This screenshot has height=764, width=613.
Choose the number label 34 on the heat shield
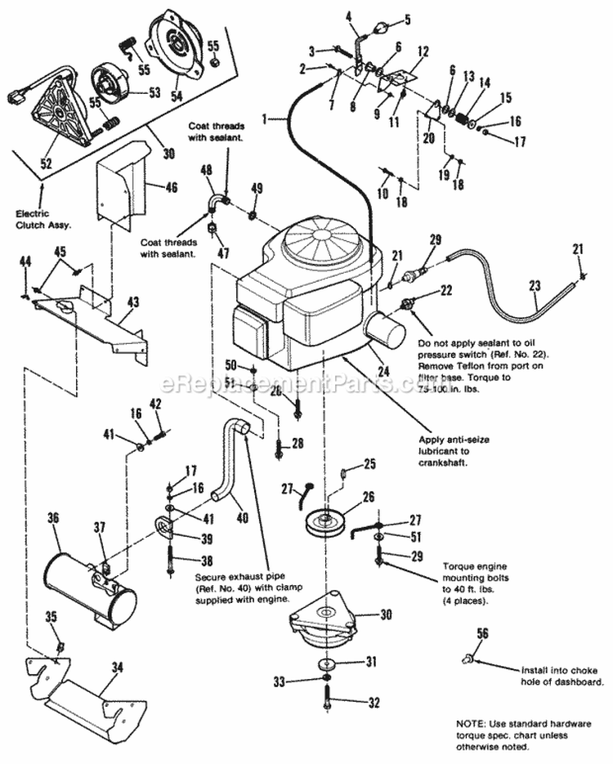(x=117, y=668)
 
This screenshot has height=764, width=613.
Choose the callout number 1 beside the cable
(x=264, y=118)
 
